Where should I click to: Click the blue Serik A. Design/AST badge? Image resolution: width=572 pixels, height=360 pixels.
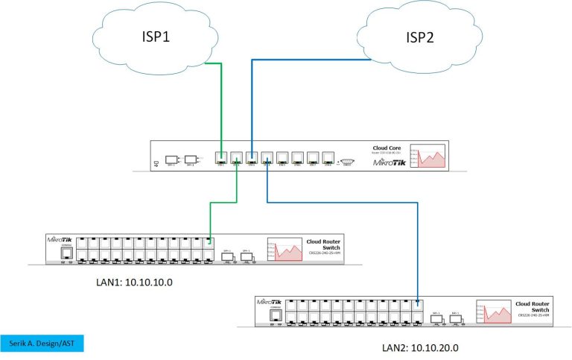[42, 344]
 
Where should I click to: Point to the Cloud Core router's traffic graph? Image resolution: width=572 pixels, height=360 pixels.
[433, 157]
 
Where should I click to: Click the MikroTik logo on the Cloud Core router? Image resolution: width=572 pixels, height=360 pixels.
[389, 162]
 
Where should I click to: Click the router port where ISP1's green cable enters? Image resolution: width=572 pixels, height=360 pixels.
[221, 158]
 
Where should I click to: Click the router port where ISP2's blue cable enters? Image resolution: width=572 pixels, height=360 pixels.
[252, 158]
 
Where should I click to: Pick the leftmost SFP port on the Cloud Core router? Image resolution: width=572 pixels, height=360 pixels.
[170, 159]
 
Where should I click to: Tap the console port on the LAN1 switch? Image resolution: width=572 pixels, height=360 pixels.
[66, 253]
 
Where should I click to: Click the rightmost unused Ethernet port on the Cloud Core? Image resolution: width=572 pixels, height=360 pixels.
[328, 158]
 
